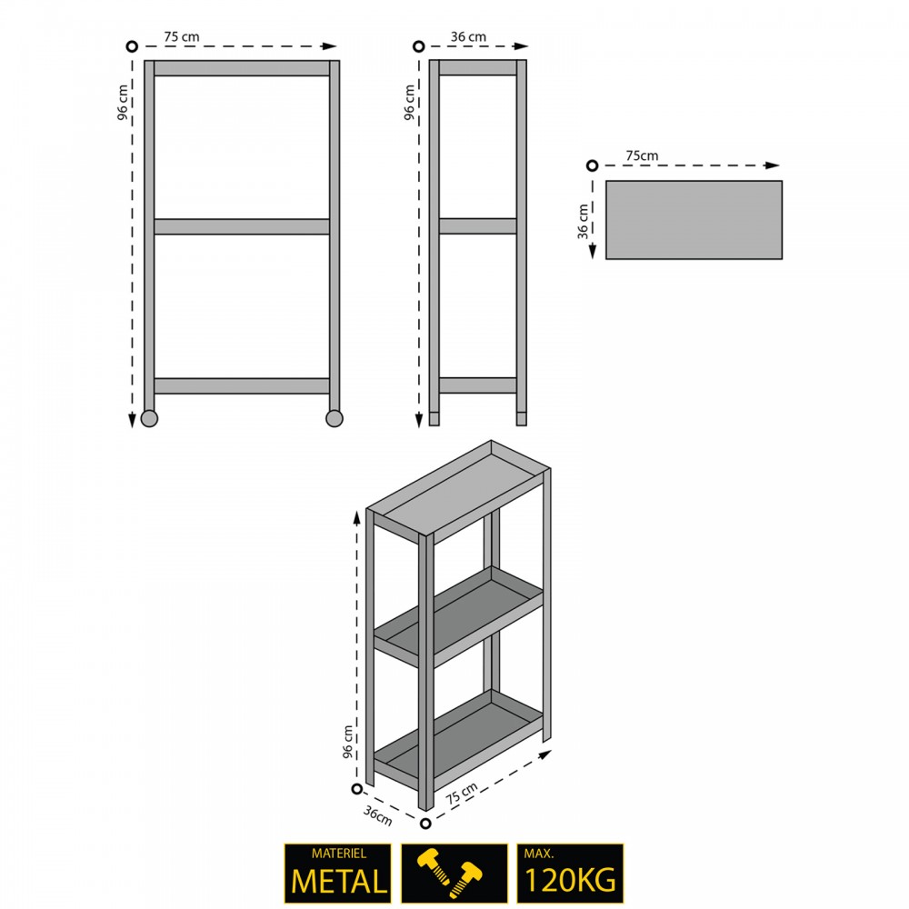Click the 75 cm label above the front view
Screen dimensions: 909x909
pyautogui.click(x=182, y=36)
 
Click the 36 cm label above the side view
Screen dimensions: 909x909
pyautogui.click(x=468, y=36)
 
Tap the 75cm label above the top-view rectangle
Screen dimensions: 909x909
pyautogui.click(x=642, y=155)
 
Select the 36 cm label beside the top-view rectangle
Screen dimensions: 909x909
pyautogui.click(x=583, y=221)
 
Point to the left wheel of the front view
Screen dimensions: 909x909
pyautogui.click(x=150, y=418)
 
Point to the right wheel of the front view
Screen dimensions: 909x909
pyautogui.click(x=335, y=418)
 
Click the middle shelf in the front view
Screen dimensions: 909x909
pyautogui.click(x=242, y=226)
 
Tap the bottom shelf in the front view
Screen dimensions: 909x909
pyautogui.click(x=242, y=386)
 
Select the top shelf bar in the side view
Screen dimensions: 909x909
pyautogui.click(x=478, y=67)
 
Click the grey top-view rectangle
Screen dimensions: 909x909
pyautogui.click(x=694, y=220)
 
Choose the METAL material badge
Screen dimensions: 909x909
pyautogui.click(x=338, y=873)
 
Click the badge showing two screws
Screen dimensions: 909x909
pyautogui.click(x=454, y=873)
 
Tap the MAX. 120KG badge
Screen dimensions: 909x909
pyautogui.click(x=570, y=873)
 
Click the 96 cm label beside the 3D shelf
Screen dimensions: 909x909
pyautogui.click(x=348, y=742)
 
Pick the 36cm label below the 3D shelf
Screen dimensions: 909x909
pyautogui.click(x=378, y=815)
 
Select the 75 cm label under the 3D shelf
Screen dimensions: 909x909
pyautogui.click(x=462, y=793)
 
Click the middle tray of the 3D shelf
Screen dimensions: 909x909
pyautogui.click(x=458, y=616)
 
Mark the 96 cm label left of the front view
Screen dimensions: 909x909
pyautogui.click(x=123, y=103)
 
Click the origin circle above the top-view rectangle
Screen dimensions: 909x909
pyautogui.click(x=592, y=165)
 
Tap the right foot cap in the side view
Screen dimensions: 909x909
pyautogui.click(x=522, y=418)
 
